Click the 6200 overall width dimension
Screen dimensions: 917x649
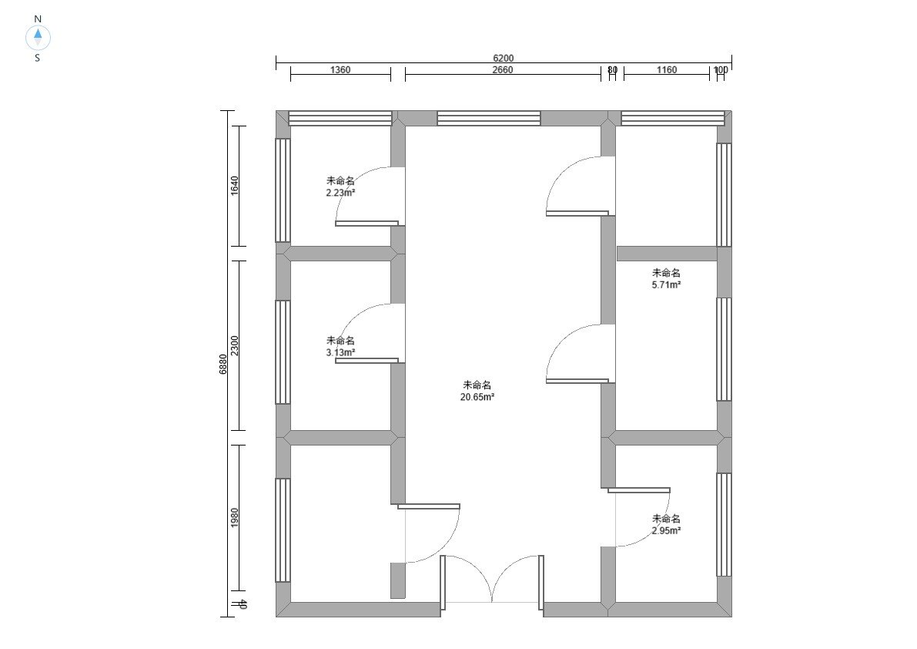point(503,58)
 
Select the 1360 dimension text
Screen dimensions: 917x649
point(340,69)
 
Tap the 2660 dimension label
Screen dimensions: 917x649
point(502,69)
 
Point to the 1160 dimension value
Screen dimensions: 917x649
point(666,69)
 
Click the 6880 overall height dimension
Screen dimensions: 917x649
point(223,364)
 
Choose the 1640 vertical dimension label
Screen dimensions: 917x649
point(235,186)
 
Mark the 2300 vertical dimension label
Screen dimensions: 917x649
point(235,345)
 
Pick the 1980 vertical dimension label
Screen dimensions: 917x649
point(235,517)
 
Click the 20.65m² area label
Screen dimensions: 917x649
point(477,397)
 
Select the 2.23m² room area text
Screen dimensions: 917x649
point(341,192)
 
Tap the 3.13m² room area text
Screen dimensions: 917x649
point(341,352)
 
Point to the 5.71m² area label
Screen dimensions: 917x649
point(666,284)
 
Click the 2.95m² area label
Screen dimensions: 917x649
point(666,530)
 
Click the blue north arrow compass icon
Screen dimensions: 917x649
point(38,38)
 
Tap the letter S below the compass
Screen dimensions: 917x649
point(38,58)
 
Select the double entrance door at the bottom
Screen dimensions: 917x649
point(492,580)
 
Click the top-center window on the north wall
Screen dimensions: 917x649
point(488,118)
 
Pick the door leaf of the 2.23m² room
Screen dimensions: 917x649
point(366,223)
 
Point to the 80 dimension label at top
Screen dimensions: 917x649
point(612,69)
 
